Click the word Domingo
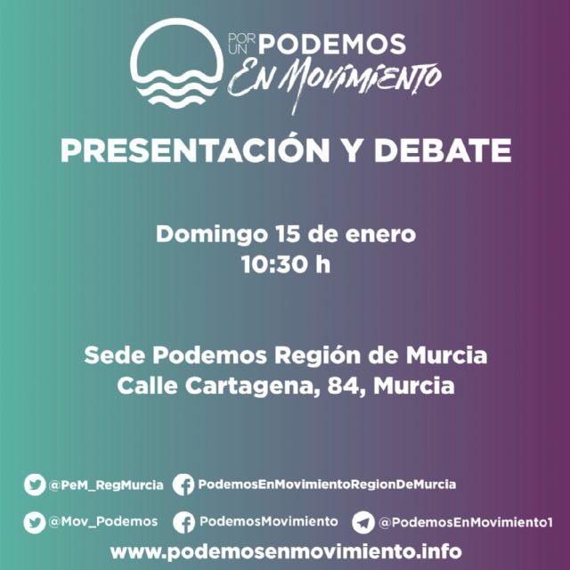(x=208, y=235)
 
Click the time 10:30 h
(x=285, y=265)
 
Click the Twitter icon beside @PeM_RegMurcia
(x=35, y=485)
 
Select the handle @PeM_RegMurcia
(x=106, y=485)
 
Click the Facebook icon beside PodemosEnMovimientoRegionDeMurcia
(x=183, y=485)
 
